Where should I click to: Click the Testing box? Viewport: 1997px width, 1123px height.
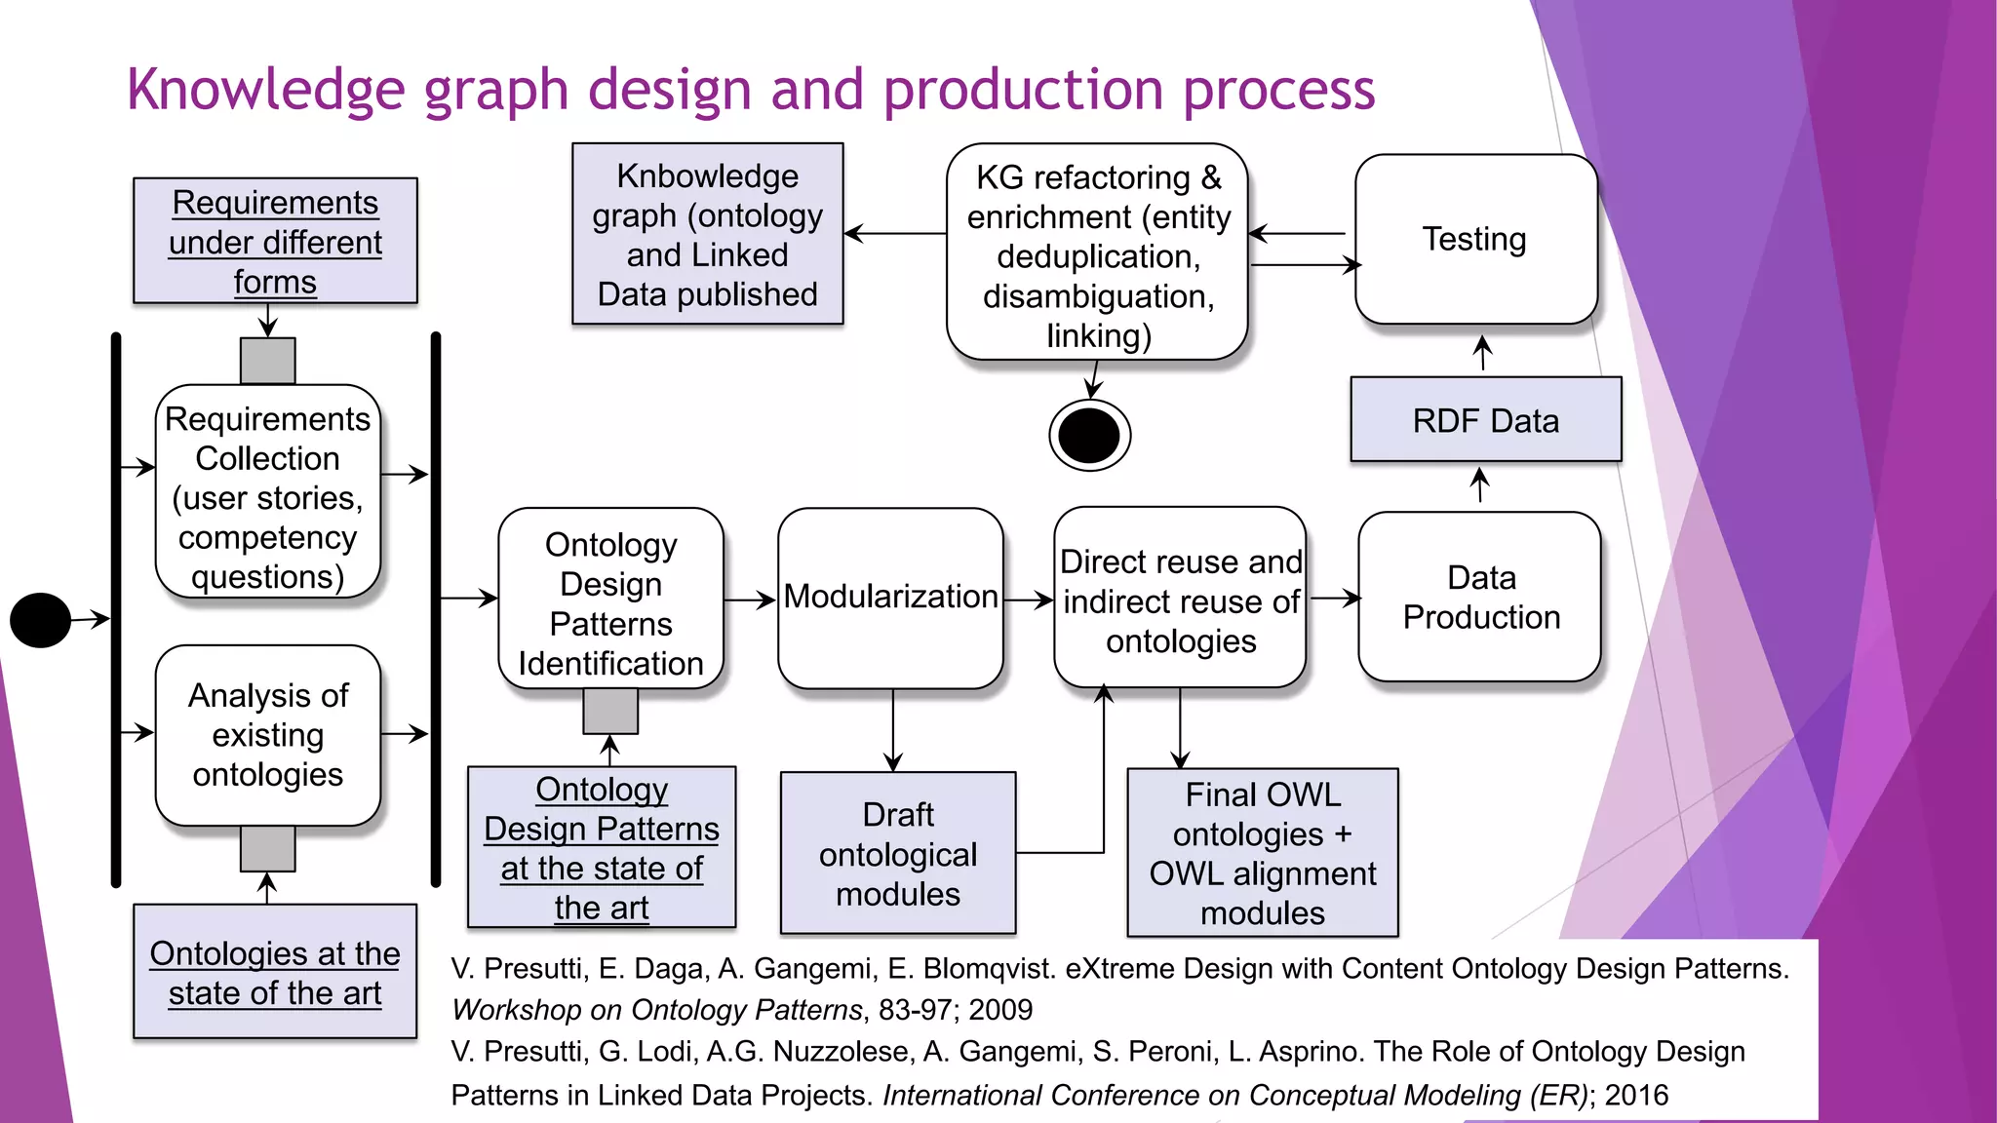coord(1475,239)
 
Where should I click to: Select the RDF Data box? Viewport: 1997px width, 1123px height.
coord(1485,420)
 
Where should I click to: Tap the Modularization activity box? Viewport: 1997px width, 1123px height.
coord(890,597)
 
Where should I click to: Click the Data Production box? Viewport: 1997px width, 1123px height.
coord(1480,597)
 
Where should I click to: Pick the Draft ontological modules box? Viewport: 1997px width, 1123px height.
coord(897,854)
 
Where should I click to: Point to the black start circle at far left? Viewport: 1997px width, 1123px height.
coord(40,620)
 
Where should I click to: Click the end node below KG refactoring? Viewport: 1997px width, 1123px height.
coord(1089,436)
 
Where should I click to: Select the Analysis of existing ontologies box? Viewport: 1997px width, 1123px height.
coord(267,735)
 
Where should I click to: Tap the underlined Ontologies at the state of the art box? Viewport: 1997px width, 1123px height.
coord(275,972)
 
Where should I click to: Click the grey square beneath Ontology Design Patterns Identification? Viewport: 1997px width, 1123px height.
coord(610,711)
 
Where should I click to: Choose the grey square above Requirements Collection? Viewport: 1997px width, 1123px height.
coord(267,361)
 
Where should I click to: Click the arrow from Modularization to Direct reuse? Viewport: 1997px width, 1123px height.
coord(1028,600)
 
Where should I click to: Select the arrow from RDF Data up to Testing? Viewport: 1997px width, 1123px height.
coord(1482,352)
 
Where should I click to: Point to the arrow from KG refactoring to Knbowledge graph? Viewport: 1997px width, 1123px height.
coord(894,233)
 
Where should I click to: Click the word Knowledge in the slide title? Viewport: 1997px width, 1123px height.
coord(265,90)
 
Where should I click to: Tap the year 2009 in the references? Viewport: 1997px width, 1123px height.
coord(1000,1010)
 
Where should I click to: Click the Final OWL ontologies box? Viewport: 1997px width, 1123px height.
coord(1262,853)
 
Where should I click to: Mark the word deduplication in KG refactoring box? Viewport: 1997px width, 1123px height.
coord(1098,256)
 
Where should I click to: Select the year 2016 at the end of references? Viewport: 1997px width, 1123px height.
coord(1636,1095)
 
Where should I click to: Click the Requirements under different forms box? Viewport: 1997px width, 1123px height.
coord(275,241)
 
